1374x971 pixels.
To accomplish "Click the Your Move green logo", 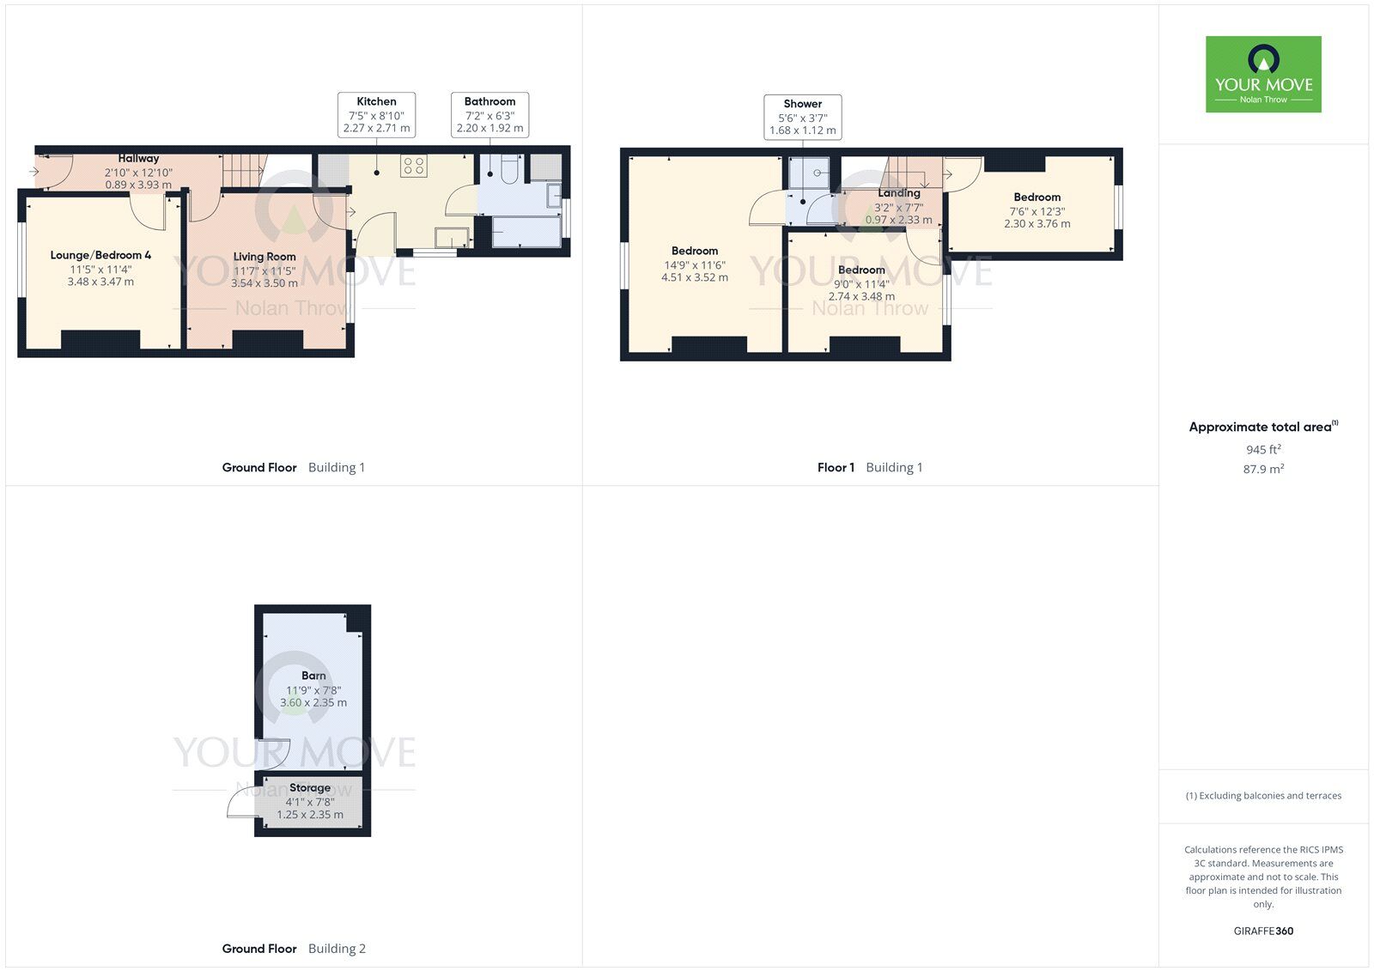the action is (x=1263, y=74).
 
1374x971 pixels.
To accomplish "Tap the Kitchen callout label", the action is (x=377, y=115).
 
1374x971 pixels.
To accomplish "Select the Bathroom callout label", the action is (x=489, y=115).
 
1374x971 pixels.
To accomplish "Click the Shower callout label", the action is (x=802, y=117).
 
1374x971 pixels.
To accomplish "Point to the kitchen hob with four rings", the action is (x=413, y=166).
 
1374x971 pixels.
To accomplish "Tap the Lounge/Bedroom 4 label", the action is (x=100, y=255).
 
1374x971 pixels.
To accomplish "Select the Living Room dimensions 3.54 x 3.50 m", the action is (x=264, y=283).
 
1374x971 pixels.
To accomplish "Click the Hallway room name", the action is (x=138, y=158).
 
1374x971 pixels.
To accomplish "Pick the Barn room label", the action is (x=313, y=676).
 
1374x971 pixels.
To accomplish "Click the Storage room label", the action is (x=310, y=787).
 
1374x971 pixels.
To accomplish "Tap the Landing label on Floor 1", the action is (x=898, y=193).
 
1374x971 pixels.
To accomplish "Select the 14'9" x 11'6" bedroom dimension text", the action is (x=695, y=265).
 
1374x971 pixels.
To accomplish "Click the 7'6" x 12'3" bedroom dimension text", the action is (x=1037, y=211).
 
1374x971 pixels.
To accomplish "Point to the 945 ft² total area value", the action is (x=1263, y=450).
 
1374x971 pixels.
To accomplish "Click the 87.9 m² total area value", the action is (x=1263, y=469).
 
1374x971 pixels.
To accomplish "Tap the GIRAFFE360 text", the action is (x=1263, y=931).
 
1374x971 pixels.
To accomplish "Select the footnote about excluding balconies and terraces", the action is (x=1263, y=796).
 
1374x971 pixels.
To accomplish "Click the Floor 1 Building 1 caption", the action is (x=870, y=467).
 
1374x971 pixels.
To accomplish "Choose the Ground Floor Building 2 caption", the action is (x=294, y=949).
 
